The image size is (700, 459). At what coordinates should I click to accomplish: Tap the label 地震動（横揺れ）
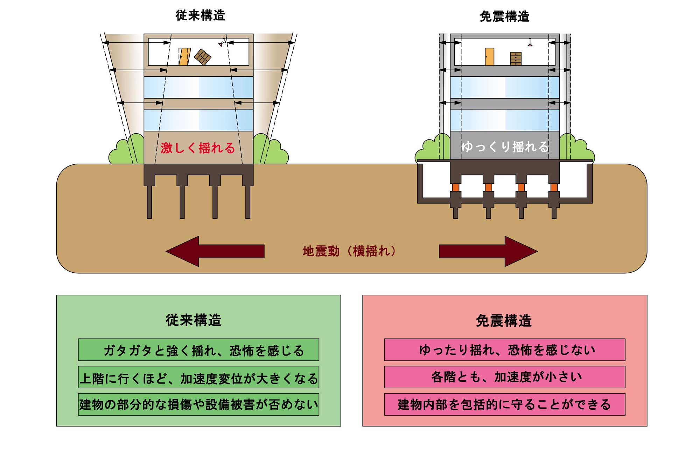(x=349, y=251)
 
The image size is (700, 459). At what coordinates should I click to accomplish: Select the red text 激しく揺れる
(x=198, y=148)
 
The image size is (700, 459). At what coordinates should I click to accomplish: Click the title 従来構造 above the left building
(x=200, y=15)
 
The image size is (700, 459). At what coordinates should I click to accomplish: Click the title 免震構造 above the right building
(x=504, y=16)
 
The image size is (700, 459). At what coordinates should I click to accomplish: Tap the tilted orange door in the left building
(x=184, y=57)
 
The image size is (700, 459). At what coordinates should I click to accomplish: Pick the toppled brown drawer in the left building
(x=203, y=57)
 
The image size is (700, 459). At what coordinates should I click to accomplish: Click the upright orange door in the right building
(x=489, y=57)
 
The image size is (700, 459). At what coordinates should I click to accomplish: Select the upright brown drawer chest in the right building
(x=516, y=59)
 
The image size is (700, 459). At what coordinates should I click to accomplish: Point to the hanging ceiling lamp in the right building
(x=530, y=43)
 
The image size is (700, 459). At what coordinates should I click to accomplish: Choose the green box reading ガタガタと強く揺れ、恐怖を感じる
(x=198, y=350)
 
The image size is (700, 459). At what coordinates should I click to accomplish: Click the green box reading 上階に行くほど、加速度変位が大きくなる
(x=198, y=377)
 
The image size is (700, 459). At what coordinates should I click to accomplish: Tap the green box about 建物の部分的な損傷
(x=198, y=404)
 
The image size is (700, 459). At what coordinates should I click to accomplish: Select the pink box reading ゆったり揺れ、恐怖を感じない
(x=505, y=350)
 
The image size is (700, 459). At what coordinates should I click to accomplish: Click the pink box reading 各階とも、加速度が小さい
(x=505, y=377)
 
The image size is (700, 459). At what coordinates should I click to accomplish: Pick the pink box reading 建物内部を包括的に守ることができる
(x=505, y=404)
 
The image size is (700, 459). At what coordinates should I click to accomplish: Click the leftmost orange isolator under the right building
(x=455, y=187)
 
